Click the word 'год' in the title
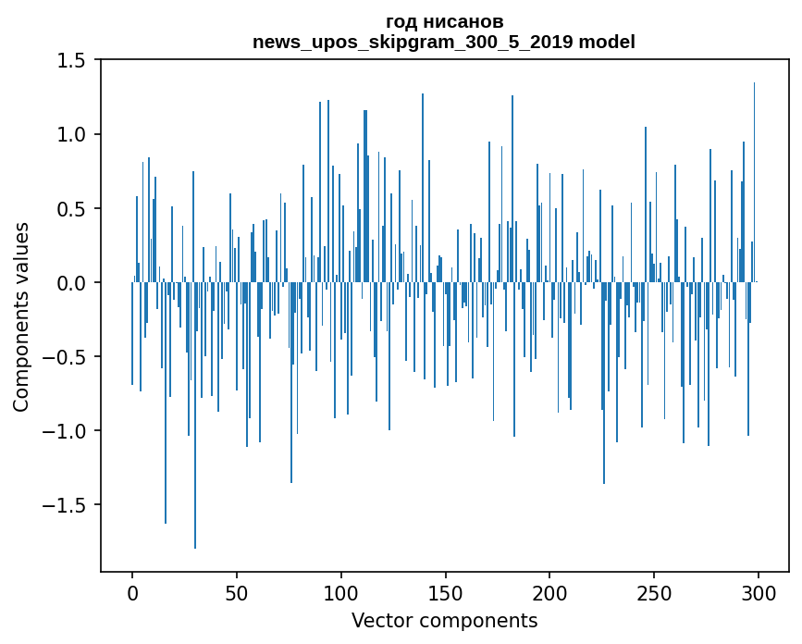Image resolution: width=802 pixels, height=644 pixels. (x=402, y=22)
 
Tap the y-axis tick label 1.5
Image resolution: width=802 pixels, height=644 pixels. (x=71, y=60)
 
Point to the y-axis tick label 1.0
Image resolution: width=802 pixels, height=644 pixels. (x=71, y=134)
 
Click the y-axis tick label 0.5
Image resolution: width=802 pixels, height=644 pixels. (x=71, y=208)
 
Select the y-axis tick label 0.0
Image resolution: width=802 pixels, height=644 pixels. (x=71, y=282)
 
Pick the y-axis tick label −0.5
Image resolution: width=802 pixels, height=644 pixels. (x=67, y=356)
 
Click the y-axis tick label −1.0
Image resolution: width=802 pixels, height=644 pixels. (x=67, y=431)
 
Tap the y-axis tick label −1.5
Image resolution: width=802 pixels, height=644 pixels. (x=67, y=505)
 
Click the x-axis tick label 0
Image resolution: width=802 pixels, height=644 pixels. (x=132, y=593)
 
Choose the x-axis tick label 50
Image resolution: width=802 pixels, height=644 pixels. (x=237, y=593)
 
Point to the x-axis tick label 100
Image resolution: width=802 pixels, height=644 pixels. (x=341, y=593)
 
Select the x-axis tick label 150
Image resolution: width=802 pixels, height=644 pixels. (x=445, y=593)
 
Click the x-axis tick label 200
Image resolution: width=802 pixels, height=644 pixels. (x=549, y=593)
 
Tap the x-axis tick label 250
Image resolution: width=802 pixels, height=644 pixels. (x=654, y=593)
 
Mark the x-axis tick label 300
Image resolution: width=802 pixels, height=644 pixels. (x=759, y=593)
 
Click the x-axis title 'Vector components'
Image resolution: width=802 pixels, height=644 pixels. (x=444, y=620)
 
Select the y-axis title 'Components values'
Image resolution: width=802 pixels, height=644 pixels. (x=21, y=316)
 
